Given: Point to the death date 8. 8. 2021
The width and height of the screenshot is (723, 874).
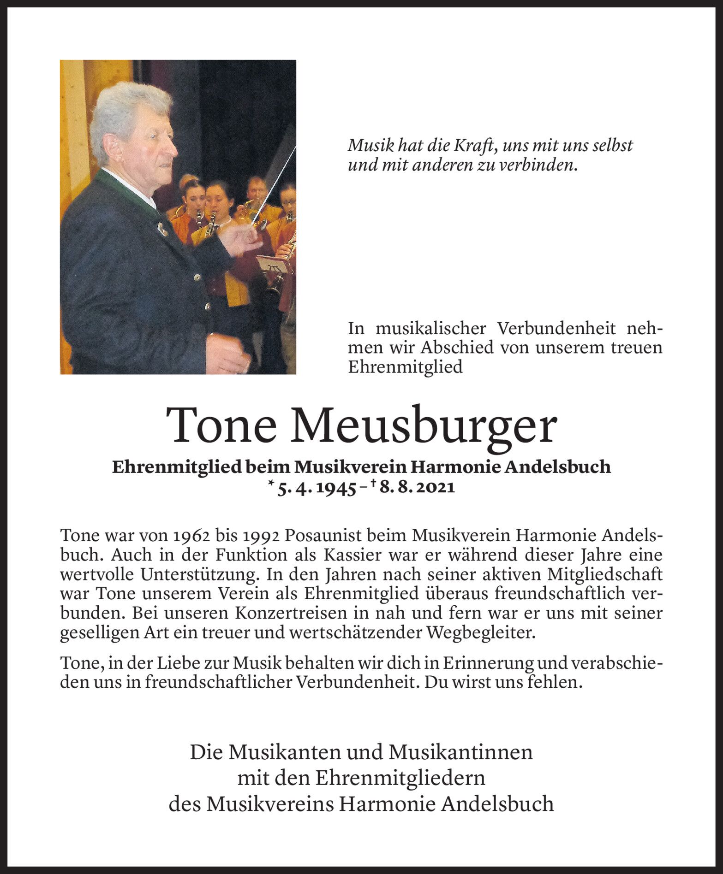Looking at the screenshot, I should (x=418, y=488).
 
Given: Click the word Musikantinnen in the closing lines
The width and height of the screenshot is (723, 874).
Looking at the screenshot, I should (x=461, y=753).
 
